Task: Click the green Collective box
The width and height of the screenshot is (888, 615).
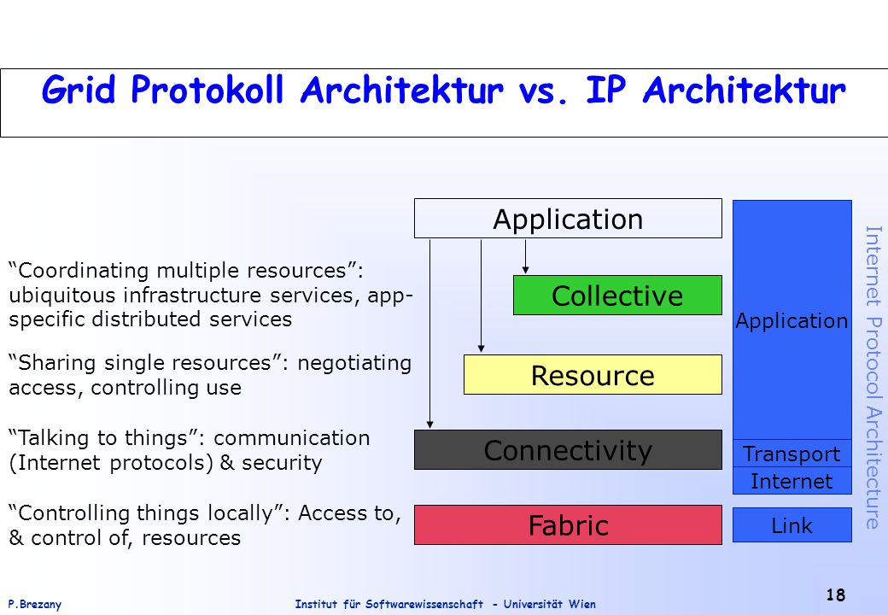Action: pyautogui.click(x=617, y=295)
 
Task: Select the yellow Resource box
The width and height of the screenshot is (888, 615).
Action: pyautogui.click(x=593, y=374)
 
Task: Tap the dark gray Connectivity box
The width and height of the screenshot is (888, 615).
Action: pyautogui.click(x=568, y=449)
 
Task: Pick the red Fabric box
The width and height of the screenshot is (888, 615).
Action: pyautogui.click(x=568, y=525)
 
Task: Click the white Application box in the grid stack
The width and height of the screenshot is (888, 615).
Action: pyautogui.click(x=568, y=218)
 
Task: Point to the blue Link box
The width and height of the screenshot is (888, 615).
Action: pyautogui.click(x=792, y=525)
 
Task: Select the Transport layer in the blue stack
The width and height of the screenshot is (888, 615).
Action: pyautogui.click(x=792, y=454)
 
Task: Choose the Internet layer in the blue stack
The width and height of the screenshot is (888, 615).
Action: pyautogui.click(x=792, y=481)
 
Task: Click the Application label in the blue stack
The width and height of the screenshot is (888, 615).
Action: pyautogui.click(x=792, y=321)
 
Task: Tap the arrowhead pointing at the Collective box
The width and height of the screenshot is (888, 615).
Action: pyautogui.click(x=526, y=270)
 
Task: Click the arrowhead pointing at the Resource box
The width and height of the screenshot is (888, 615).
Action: pyautogui.click(x=481, y=348)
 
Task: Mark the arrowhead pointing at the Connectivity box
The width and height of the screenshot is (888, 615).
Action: pyautogui.click(x=429, y=425)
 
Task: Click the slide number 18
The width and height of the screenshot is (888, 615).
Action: pyautogui.click(x=835, y=594)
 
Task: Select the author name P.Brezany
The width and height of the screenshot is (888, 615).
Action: pyautogui.click(x=34, y=604)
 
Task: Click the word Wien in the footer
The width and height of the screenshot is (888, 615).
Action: pyautogui.click(x=582, y=604)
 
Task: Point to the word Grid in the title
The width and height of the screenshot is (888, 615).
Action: pyautogui.click(x=79, y=90)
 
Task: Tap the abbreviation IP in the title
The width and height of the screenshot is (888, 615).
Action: pyautogui.click(x=606, y=90)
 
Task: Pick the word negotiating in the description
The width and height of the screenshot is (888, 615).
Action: pyautogui.click(x=354, y=364)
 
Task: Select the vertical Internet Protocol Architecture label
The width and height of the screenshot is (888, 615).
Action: pyautogui.click(x=873, y=378)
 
